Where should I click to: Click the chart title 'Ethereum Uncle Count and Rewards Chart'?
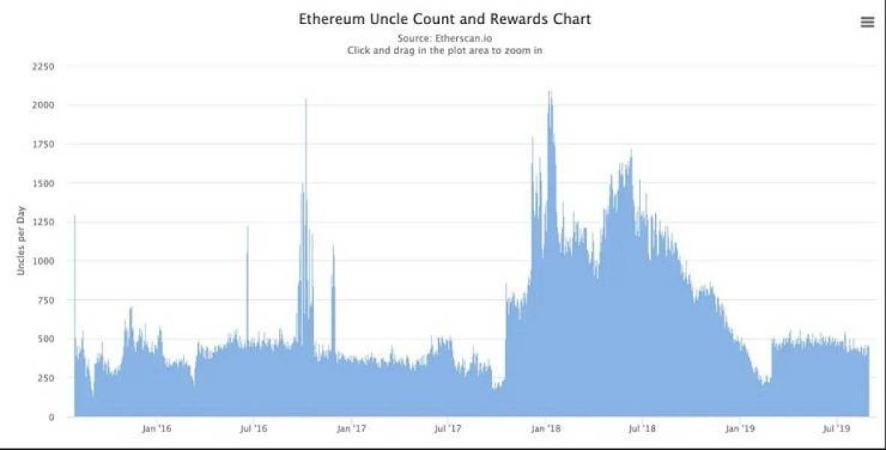point(444,19)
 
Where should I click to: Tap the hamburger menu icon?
point(867,22)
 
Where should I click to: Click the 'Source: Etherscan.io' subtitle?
point(445,37)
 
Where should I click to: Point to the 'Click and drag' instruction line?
point(444,50)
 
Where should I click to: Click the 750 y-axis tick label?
point(47,300)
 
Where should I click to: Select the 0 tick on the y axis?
point(51,417)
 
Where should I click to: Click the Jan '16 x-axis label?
point(156,429)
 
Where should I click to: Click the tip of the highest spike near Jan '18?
point(550,91)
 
